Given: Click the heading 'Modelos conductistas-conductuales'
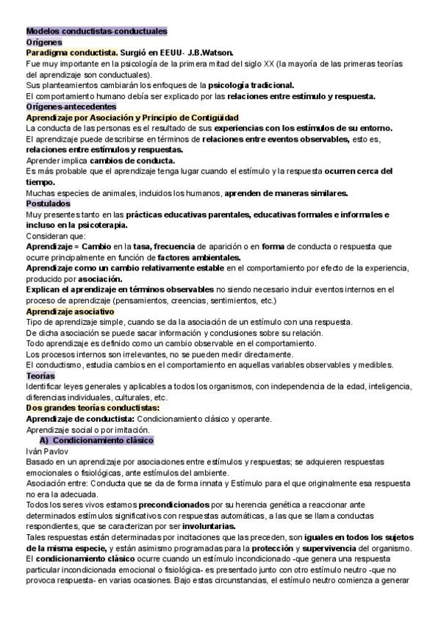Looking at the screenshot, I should (x=96, y=32).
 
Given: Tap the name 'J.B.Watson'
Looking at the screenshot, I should (x=210, y=53).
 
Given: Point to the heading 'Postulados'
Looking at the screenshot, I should (x=48, y=203).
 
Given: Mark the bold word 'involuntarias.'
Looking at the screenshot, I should (x=236, y=526).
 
